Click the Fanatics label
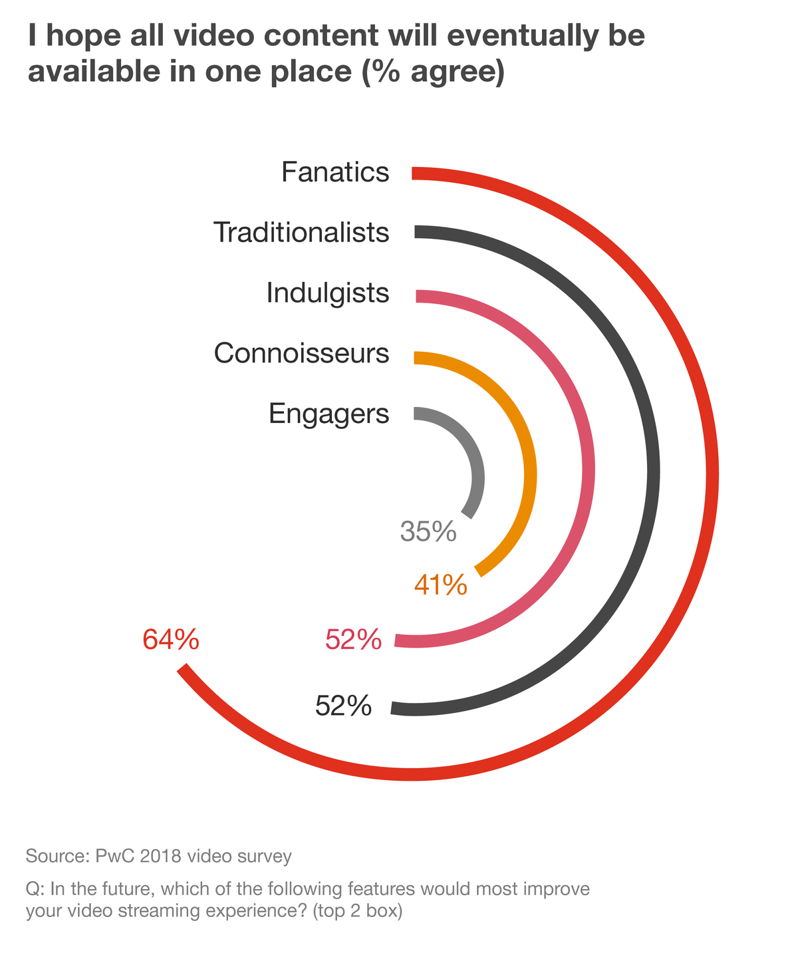point(334,172)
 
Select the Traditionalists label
point(301,233)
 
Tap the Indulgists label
point(327,293)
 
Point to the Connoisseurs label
point(301,353)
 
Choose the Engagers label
point(329,413)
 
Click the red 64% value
point(171,640)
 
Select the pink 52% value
point(353,640)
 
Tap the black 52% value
point(343,706)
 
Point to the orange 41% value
point(440,585)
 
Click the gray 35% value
point(428,532)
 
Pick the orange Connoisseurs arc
point(530,474)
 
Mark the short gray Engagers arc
point(479,474)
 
